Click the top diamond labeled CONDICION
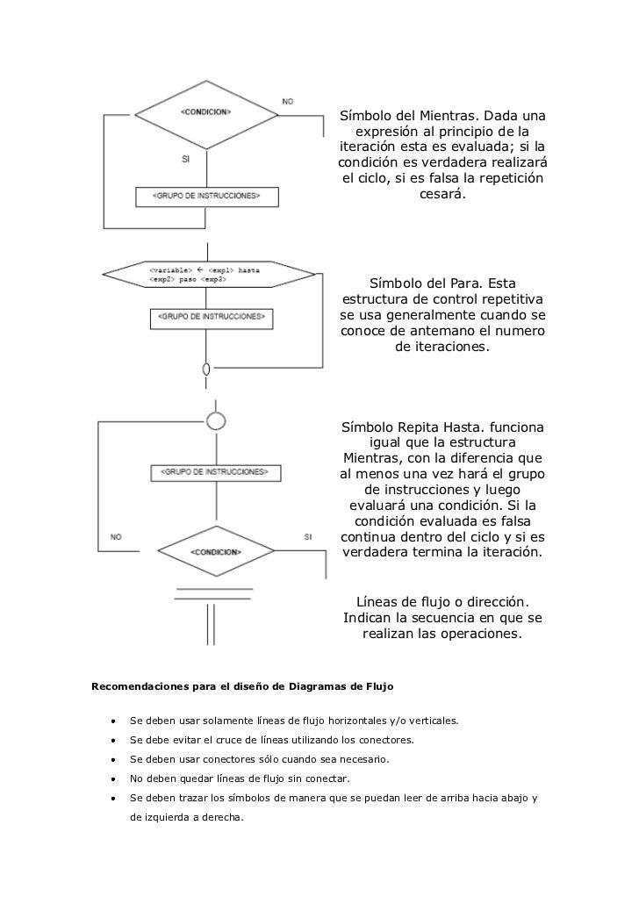coord(206,113)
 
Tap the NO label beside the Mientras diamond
coord(288,102)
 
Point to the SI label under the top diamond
coord(185,160)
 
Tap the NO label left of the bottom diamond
coord(116,536)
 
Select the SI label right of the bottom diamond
coord(308,536)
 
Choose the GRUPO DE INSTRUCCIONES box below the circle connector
coord(216,472)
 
